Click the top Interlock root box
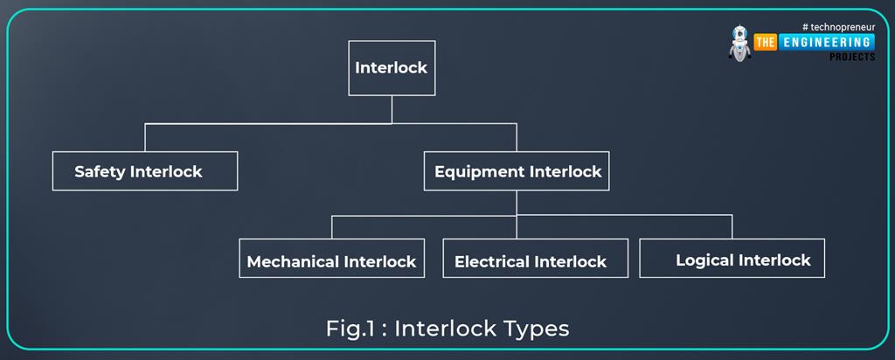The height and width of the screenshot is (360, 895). tap(392, 68)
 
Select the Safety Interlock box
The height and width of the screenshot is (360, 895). tap(145, 171)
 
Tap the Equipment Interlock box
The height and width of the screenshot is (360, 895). tap(517, 171)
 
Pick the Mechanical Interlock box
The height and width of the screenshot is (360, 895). tap(332, 259)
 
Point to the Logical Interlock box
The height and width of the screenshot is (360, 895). tap(732, 258)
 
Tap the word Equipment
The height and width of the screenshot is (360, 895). tap(473, 172)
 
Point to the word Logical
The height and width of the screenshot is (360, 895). tap(704, 260)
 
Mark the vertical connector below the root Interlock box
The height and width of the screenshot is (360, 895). tap(392, 109)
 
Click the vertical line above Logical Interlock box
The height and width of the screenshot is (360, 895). tap(732, 225)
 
